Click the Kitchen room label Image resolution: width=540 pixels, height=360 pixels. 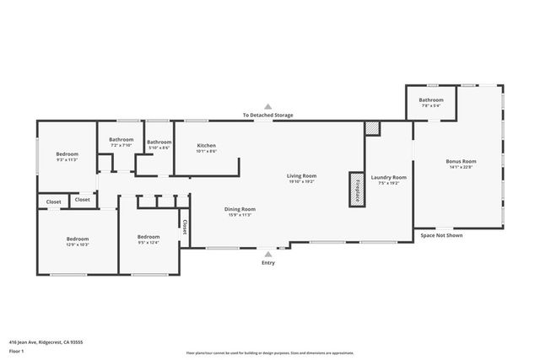[206, 145]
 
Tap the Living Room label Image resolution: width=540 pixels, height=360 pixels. [301, 175]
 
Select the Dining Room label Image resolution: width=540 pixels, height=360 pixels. [240, 209]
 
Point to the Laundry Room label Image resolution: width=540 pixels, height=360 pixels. [389, 177]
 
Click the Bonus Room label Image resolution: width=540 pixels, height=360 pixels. [461, 161]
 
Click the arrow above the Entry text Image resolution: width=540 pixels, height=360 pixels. [268, 252]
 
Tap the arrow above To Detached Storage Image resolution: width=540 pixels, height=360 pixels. [268, 107]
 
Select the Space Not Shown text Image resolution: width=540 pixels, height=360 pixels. [441, 235]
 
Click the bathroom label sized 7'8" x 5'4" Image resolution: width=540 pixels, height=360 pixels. [431, 100]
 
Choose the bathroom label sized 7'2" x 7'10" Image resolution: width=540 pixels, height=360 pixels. [121, 139]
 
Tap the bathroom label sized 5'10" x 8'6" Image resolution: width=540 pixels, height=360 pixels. [159, 142]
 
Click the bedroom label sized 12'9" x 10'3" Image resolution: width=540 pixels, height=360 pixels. [78, 239]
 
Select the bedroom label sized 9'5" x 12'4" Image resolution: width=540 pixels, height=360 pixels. [148, 237]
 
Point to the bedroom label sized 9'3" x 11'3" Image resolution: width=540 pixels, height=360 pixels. [67, 154]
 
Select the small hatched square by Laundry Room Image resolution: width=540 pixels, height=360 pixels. [373, 128]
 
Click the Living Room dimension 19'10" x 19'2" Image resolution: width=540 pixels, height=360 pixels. [301, 181]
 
